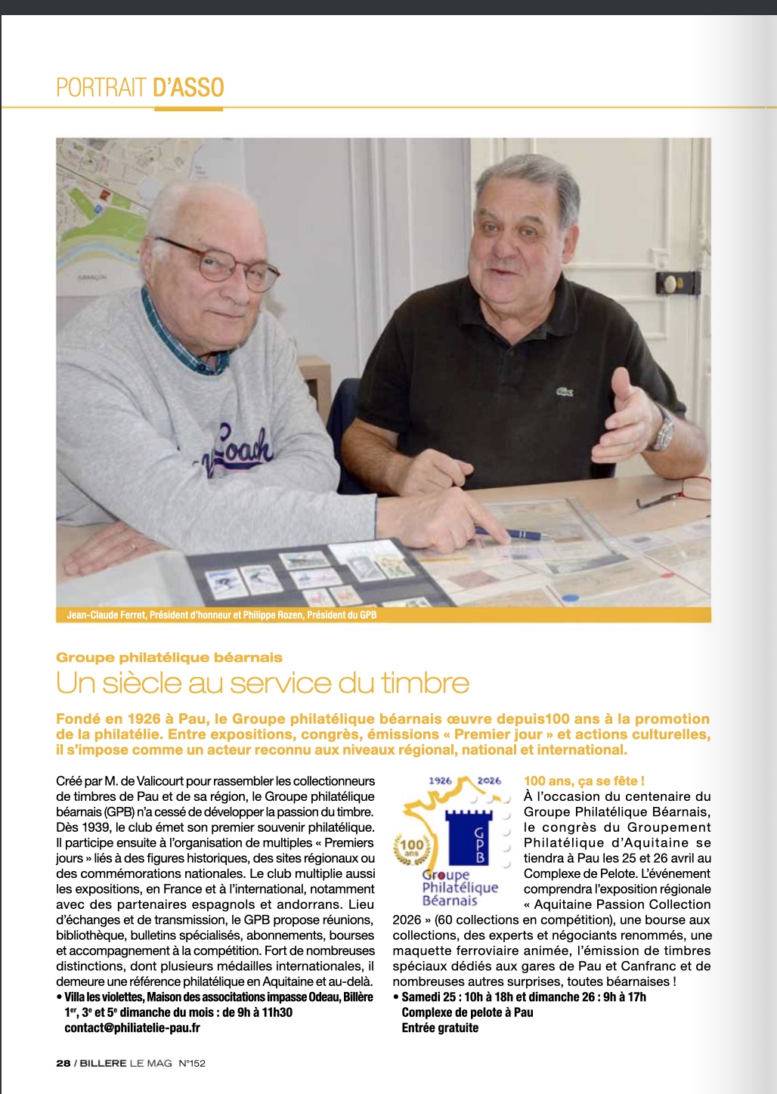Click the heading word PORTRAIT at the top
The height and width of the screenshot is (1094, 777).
(x=101, y=88)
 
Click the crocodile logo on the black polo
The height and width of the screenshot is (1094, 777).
(x=564, y=391)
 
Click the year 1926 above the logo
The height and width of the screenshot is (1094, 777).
(x=440, y=780)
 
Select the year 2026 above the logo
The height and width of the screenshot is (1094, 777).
(x=489, y=780)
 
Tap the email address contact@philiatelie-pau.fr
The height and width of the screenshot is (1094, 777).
(x=132, y=1028)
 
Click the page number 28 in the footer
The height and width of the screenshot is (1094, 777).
(x=63, y=1063)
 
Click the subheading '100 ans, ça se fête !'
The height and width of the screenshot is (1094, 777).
(x=584, y=780)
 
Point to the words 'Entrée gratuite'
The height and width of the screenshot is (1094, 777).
(x=440, y=1028)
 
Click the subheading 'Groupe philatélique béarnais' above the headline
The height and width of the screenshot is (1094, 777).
(x=169, y=657)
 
